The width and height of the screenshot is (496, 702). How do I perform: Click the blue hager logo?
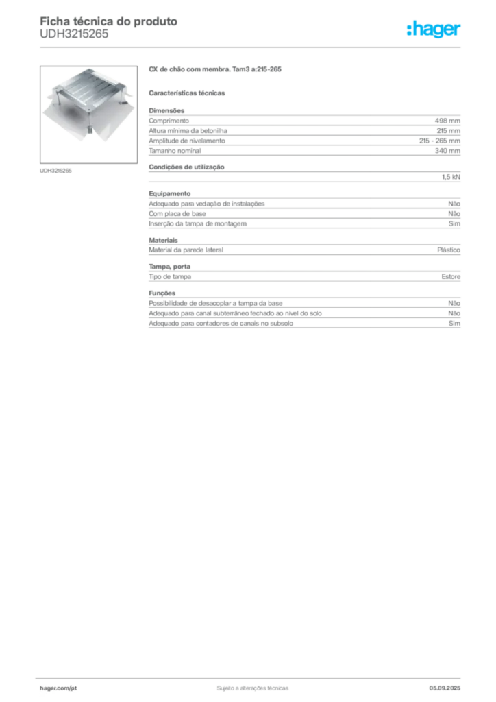tap(434, 29)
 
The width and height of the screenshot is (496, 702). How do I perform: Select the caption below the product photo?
tap(57, 170)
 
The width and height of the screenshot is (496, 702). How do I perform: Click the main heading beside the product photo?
tap(215, 69)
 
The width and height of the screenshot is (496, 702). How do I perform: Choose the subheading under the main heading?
tap(188, 92)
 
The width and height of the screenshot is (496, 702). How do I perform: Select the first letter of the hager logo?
tap(409, 29)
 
